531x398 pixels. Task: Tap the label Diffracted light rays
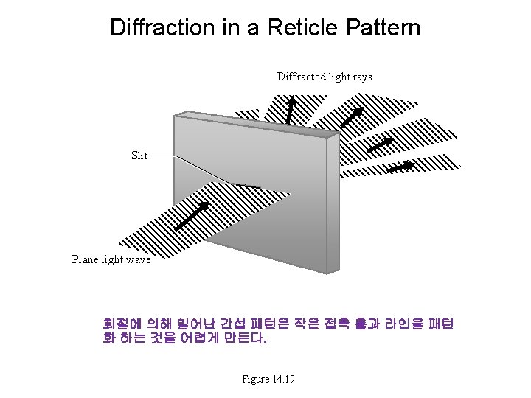[324, 77]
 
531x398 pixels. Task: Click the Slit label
[139, 156]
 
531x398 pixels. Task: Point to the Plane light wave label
[111, 259]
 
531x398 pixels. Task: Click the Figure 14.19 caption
[268, 379]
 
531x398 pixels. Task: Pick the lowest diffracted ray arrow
[400, 168]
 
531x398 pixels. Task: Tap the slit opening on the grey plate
[246, 185]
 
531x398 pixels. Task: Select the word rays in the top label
[361, 77]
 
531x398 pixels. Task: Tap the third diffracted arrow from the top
[380, 144]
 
